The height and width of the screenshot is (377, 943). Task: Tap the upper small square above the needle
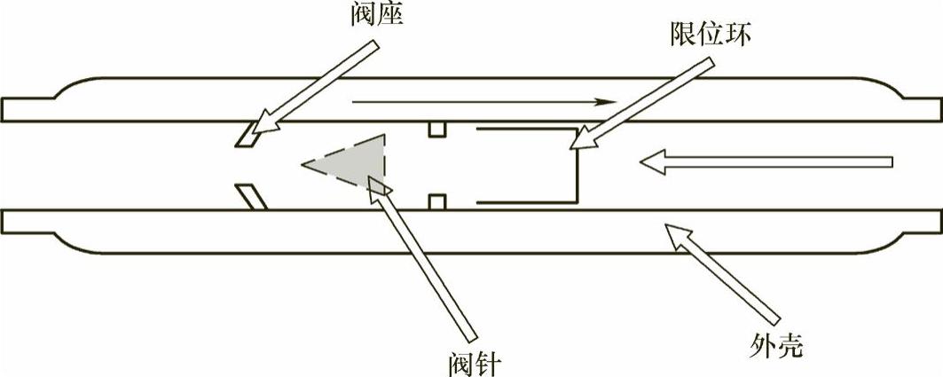tap(436, 130)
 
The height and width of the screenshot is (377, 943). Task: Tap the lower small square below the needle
tap(436, 202)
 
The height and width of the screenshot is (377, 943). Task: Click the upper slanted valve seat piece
tap(246, 136)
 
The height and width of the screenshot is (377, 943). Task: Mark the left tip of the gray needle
tap(303, 164)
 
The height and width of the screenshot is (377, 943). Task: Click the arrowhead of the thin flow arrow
tap(607, 102)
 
